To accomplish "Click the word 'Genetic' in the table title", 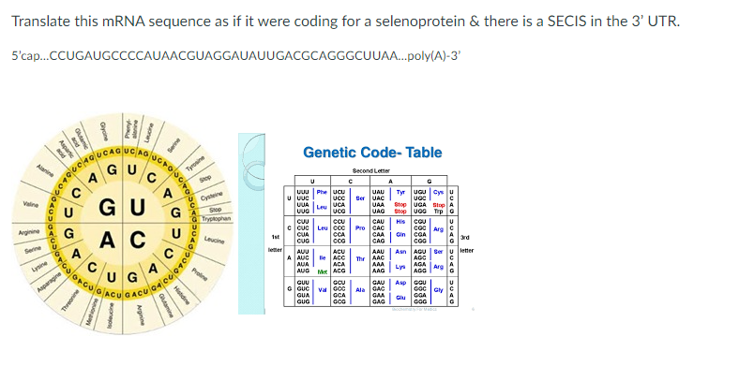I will [x=335, y=153].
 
